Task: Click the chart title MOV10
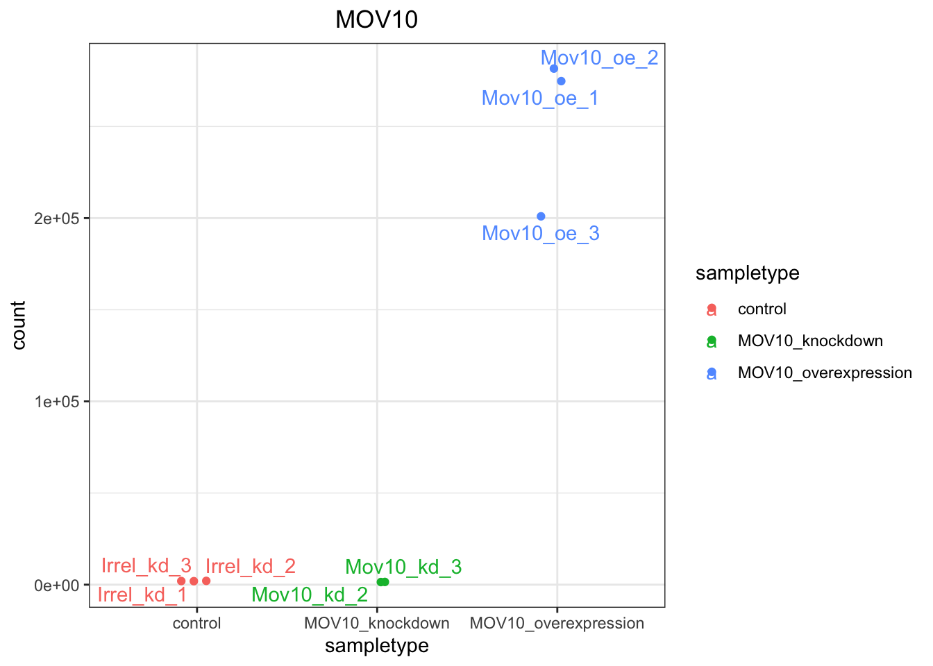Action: (x=376, y=20)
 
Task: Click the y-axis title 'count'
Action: (x=19, y=325)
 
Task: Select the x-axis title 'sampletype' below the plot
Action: (x=376, y=646)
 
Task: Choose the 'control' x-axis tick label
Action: (x=196, y=623)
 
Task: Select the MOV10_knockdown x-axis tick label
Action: (x=376, y=623)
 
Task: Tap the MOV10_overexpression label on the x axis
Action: (x=557, y=623)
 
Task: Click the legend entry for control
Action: (x=762, y=309)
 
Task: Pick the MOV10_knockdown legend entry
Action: (x=810, y=341)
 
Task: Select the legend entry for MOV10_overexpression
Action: (x=825, y=373)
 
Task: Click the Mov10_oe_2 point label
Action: (x=599, y=58)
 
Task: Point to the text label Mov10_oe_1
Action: (x=539, y=99)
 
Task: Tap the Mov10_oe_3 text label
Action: (x=540, y=234)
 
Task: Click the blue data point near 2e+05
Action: (x=541, y=216)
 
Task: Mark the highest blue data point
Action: (x=554, y=69)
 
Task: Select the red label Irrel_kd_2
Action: (x=251, y=567)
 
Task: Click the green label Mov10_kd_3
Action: (x=403, y=567)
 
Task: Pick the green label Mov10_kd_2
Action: (x=310, y=595)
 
